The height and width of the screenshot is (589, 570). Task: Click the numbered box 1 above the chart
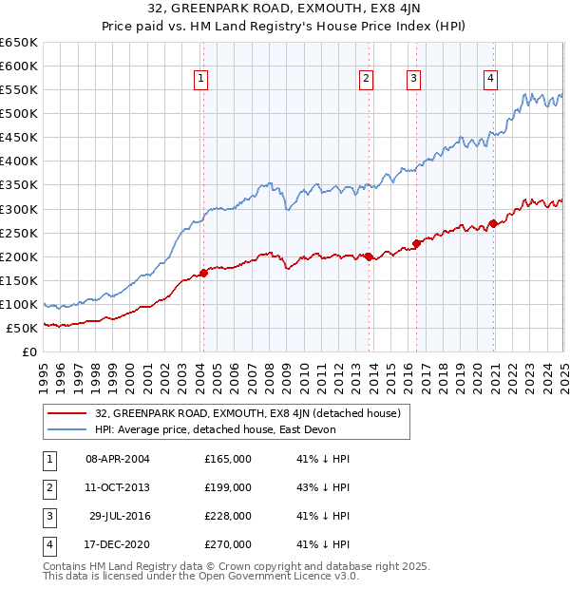tap(202, 80)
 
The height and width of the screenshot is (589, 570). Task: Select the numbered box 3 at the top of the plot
tap(414, 80)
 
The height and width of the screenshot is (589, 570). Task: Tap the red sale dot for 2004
tap(203, 274)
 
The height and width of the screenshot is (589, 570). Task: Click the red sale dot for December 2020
tap(493, 224)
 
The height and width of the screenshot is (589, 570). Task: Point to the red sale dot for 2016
tap(416, 243)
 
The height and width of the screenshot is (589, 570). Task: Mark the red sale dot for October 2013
tap(369, 256)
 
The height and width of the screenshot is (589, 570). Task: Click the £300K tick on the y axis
tap(18, 209)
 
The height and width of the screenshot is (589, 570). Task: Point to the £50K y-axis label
tap(21, 328)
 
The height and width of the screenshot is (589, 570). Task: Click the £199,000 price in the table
tap(228, 487)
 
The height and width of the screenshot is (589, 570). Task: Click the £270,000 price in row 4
tap(228, 544)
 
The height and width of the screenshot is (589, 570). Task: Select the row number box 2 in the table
tap(47, 487)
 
